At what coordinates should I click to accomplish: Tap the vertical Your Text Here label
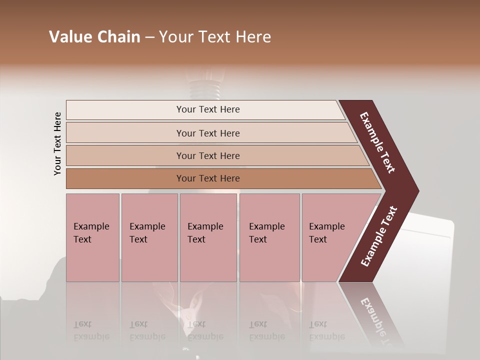click(x=57, y=143)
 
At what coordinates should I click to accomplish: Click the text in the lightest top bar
click(x=208, y=109)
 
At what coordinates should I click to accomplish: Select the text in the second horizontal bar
click(x=208, y=133)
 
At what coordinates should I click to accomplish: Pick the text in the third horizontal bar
click(x=208, y=156)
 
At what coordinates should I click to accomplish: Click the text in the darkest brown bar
click(x=208, y=178)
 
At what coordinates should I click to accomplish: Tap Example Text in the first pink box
click(x=91, y=233)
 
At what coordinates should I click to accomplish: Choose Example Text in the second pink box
click(x=147, y=233)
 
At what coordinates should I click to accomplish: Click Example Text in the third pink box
click(x=205, y=233)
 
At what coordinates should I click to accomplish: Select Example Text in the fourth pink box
click(x=266, y=233)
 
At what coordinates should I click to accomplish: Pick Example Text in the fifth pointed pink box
click(x=326, y=233)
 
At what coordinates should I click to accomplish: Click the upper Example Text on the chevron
click(x=377, y=142)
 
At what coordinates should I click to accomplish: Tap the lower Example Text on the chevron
click(x=379, y=236)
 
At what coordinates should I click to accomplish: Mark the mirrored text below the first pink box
click(x=91, y=330)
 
